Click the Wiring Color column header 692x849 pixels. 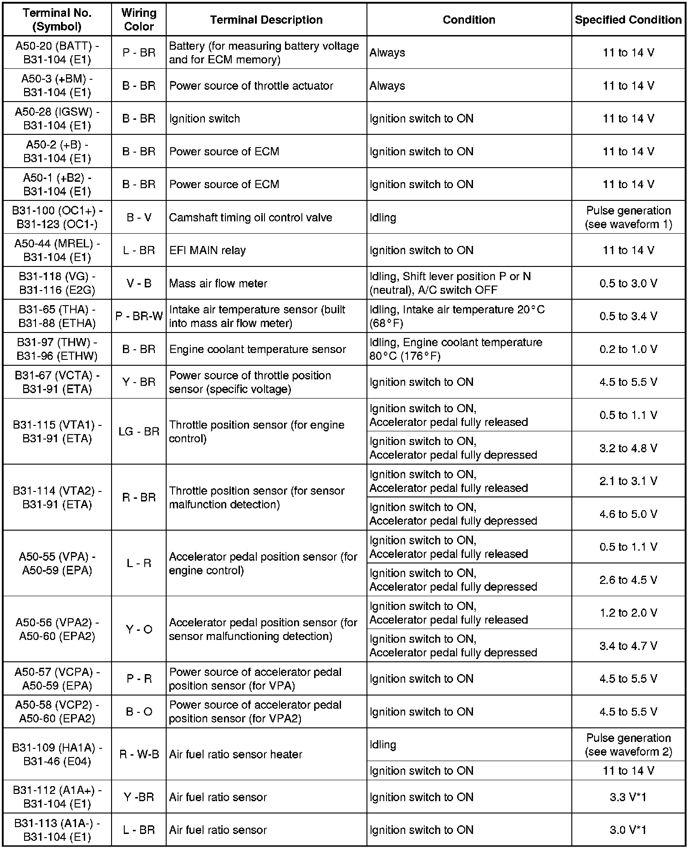pyautogui.click(x=139, y=20)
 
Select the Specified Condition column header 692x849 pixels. pyautogui.click(x=628, y=20)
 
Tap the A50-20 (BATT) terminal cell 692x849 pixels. pyautogui.click(x=57, y=52)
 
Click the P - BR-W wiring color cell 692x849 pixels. pyautogui.click(x=139, y=316)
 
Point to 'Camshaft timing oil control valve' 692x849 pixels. pyautogui.click(x=250, y=217)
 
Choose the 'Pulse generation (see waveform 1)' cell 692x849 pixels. pyautogui.click(x=628, y=217)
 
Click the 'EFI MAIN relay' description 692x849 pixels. pyautogui.click(x=207, y=250)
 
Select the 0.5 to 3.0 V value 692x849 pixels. pyautogui.click(x=628, y=283)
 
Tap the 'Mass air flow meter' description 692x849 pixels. pyautogui.click(x=218, y=283)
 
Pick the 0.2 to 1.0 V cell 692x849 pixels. pyautogui.click(x=628, y=349)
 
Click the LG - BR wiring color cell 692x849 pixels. pyautogui.click(x=139, y=431)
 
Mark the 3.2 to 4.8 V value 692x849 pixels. pyautogui.click(x=628, y=448)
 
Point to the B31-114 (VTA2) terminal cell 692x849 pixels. pyautogui.click(x=57, y=497)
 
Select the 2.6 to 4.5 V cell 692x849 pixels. pyautogui.click(x=628, y=580)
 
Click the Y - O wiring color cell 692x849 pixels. pyautogui.click(x=139, y=629)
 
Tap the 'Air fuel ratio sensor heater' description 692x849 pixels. pyautogui.click(x=235, y=754)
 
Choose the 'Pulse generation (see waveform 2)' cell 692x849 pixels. pyautogui.click(x=628, y=745)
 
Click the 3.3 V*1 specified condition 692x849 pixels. pyautogui.click(x=628, y=797)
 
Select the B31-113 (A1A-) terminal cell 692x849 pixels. pyautogui.click(x=57, y=830)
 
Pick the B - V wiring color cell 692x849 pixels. pyautogui.click(x=139, y=217)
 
